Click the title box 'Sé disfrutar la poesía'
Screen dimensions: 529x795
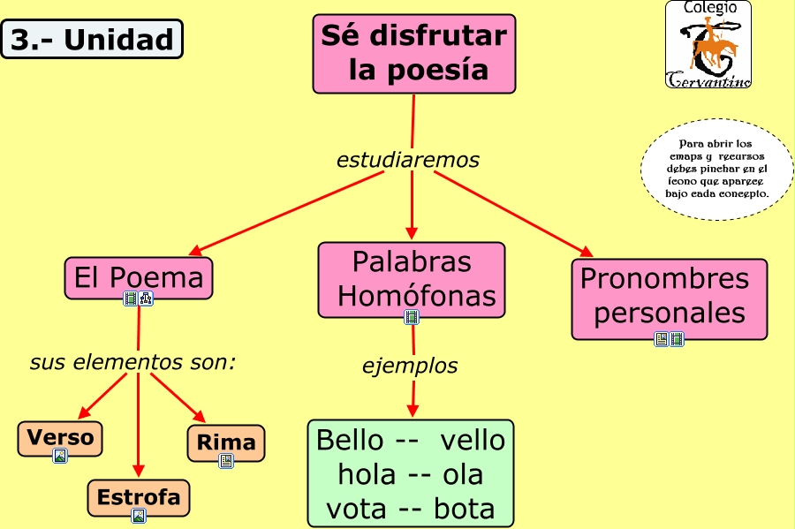click(413, 53)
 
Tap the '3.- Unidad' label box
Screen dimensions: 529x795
click(92, 40)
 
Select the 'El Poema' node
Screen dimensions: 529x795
click(139, 278)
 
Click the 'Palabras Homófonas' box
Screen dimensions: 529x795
click(412, 278)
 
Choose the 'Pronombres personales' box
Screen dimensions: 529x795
click(669, 297)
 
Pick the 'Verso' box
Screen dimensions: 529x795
click(60, 437)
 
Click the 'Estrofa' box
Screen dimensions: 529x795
click(139, 496)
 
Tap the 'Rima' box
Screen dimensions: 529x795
click(226, 442)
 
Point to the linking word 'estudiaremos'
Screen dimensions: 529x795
click(408, 160)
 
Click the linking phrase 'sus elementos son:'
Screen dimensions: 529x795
click(132, 362)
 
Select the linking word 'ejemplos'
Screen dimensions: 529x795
click(410, 365)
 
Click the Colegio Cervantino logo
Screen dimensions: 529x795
click(708, 44)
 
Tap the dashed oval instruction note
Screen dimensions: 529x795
click(717, 168)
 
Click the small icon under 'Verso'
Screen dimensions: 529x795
click(60, 456)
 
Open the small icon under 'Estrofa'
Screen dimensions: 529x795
click(139, 516)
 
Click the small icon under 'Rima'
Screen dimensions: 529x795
click(226, 461)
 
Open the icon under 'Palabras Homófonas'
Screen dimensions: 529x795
click(412, 316)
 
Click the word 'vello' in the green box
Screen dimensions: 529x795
click(473, 440)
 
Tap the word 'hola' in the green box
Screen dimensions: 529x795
click(367, 474)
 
